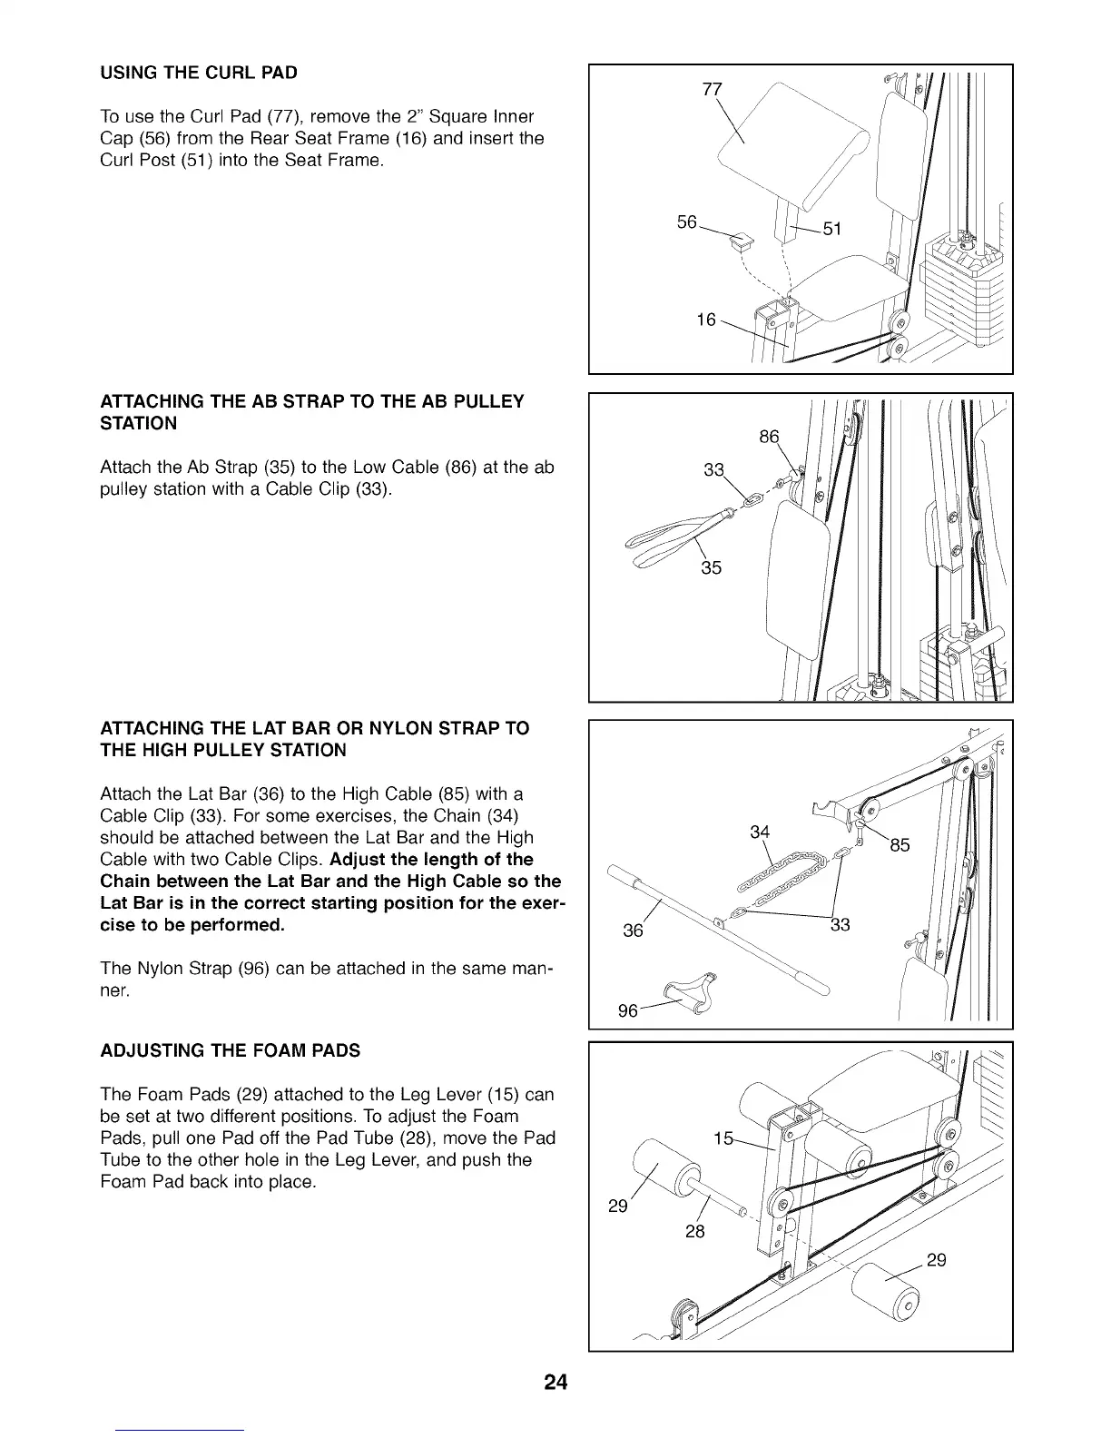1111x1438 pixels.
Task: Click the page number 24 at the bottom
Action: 555,1383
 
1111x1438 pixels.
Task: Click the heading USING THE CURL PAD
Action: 199,72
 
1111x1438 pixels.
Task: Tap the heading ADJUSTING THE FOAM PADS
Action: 230,1050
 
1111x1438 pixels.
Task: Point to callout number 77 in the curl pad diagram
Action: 713,89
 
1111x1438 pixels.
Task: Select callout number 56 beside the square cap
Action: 687,222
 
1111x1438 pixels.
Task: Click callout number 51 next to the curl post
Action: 831,229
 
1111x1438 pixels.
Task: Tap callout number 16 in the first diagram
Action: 706,320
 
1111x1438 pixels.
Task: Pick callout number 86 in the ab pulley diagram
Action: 769,437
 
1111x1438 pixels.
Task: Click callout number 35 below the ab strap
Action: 711,569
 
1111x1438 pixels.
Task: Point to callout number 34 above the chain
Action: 760,832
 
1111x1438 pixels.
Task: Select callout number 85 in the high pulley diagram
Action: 900,846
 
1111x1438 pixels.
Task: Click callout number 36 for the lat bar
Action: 633,931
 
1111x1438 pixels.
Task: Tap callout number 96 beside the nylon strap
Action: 627,1010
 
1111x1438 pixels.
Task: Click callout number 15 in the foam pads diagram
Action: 723,1139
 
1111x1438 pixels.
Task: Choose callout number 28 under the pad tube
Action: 695,1232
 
